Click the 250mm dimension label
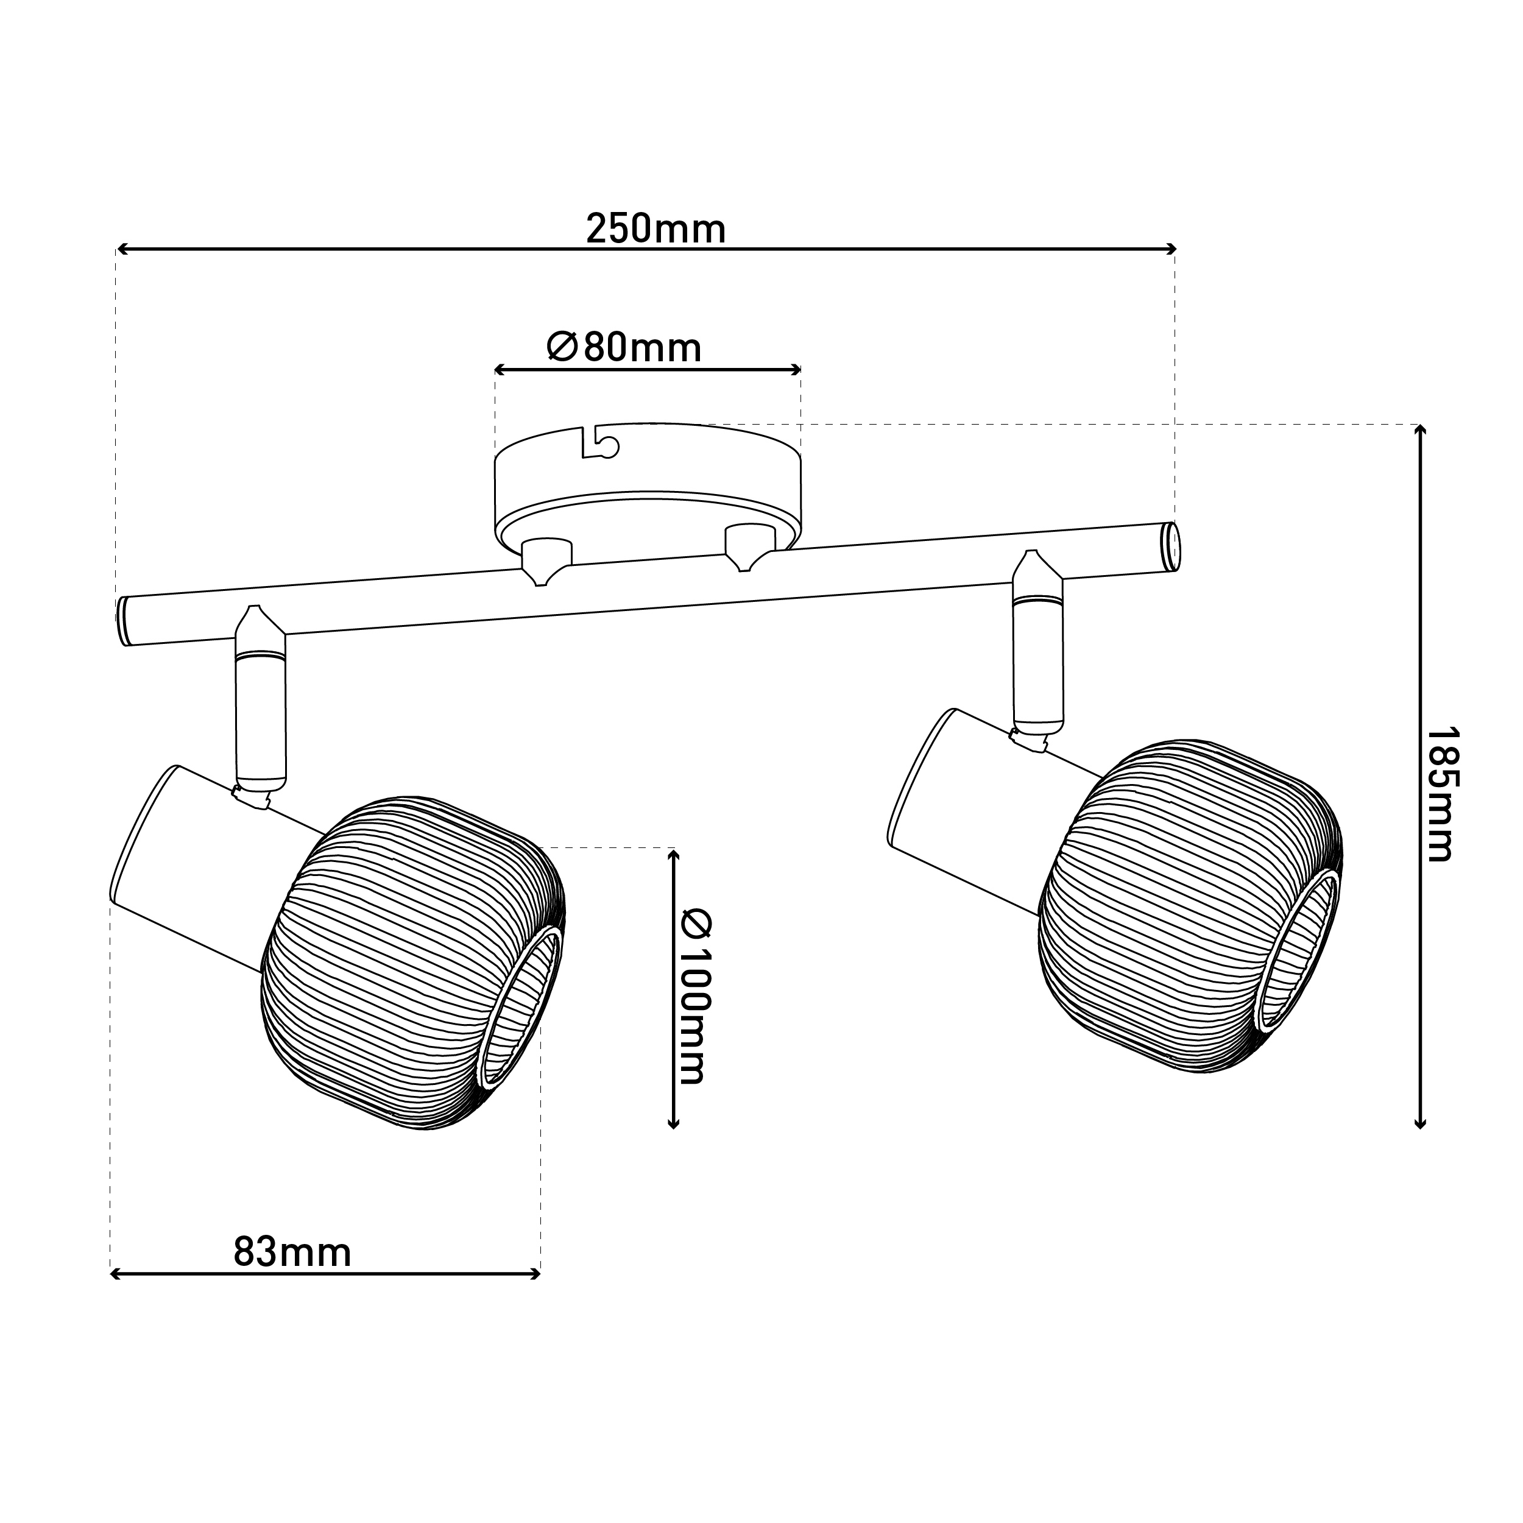[x=656, y=230]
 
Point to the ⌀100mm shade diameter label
[x=694, y=997]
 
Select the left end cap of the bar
[x=124, y=621]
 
